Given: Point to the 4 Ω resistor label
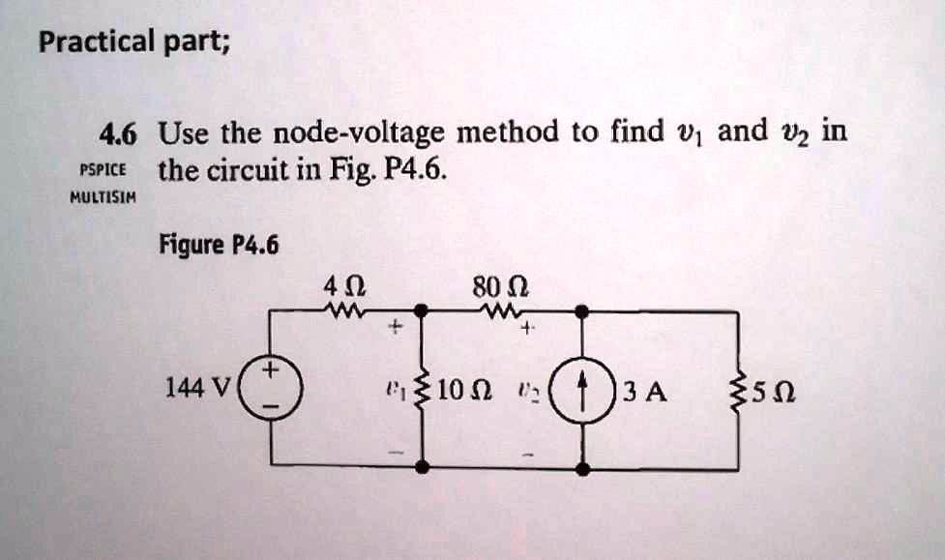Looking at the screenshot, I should pyautogui.click(x=345, y=287).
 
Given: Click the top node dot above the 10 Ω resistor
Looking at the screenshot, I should pyautogui.click(x=423, y=310).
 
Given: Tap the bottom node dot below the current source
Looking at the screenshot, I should pyautogui.click(x=582, y=467).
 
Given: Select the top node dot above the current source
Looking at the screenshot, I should pyautogui.click(x=582, y=310).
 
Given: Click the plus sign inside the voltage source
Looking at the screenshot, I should pyautogui.click(x=272, y=370).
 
